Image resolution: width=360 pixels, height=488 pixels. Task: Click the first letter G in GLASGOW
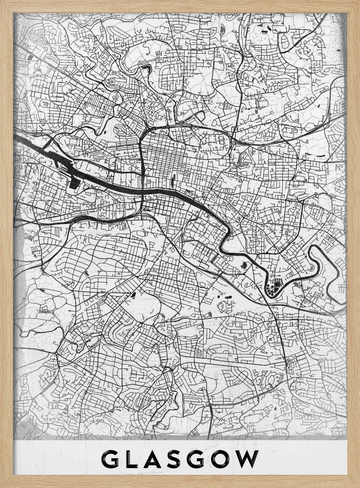(111, 460)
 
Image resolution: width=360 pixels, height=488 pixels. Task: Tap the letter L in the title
(135, 460)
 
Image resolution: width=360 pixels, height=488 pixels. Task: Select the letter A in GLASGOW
(158, 460)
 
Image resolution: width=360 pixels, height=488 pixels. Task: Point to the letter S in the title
(181, 460)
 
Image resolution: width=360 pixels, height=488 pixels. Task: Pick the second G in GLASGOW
(204, 460)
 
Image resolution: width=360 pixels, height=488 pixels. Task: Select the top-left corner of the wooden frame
(2, 2)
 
